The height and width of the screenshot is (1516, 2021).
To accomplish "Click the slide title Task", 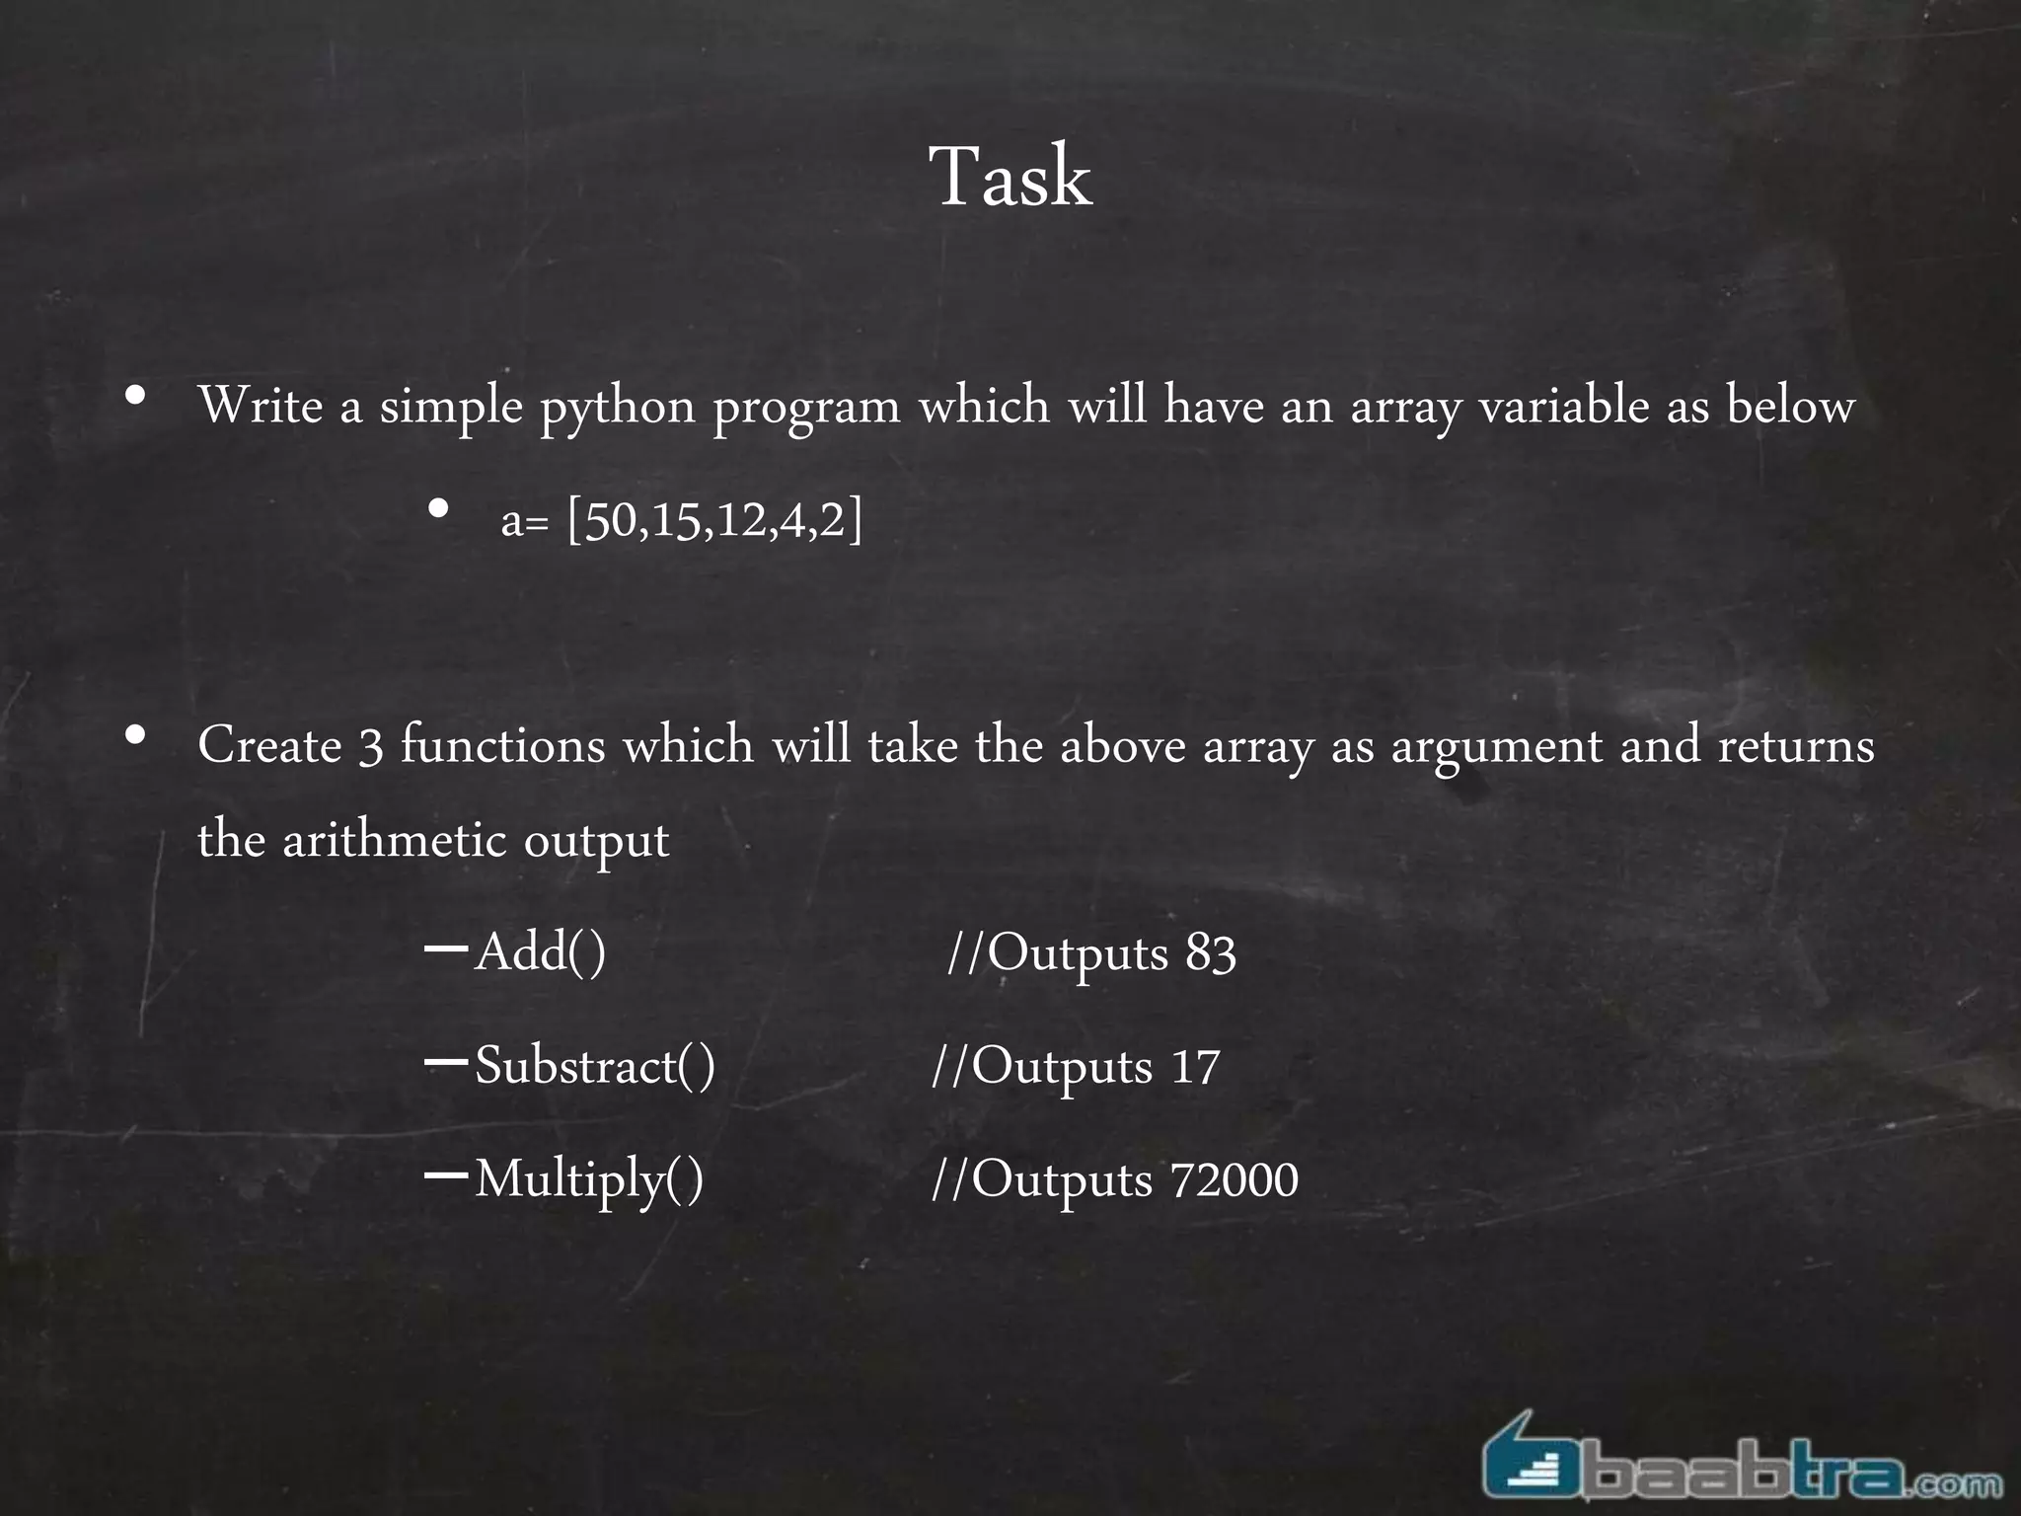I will (x=1010, y=178).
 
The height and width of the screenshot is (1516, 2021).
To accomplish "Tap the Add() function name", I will (x=540, y=952).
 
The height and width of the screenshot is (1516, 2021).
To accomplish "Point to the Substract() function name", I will (x=595, y=1066).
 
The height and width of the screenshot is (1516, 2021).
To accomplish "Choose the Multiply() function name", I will (x=589, y=1180).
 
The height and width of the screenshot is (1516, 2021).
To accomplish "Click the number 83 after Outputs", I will (x=1211, y=953).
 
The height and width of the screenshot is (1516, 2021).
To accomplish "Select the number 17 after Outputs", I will (x=1195, y=1067).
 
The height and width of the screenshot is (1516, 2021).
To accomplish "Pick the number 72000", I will (x=1234, y=1180).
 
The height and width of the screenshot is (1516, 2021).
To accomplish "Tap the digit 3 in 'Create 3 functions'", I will (x=370, y=747).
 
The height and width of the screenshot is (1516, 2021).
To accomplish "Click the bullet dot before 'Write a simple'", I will (x=136, y=397).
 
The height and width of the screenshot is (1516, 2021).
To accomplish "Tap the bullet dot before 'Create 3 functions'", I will (x=136, y=735).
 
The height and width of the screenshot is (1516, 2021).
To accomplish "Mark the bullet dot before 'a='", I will (x=439, y=510).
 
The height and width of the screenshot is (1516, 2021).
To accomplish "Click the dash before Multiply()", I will (x=445, y=1175).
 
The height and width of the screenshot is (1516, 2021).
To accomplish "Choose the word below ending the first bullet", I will (x=1790, y=406).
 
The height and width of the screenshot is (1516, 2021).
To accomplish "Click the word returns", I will (x=1796, y=747).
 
